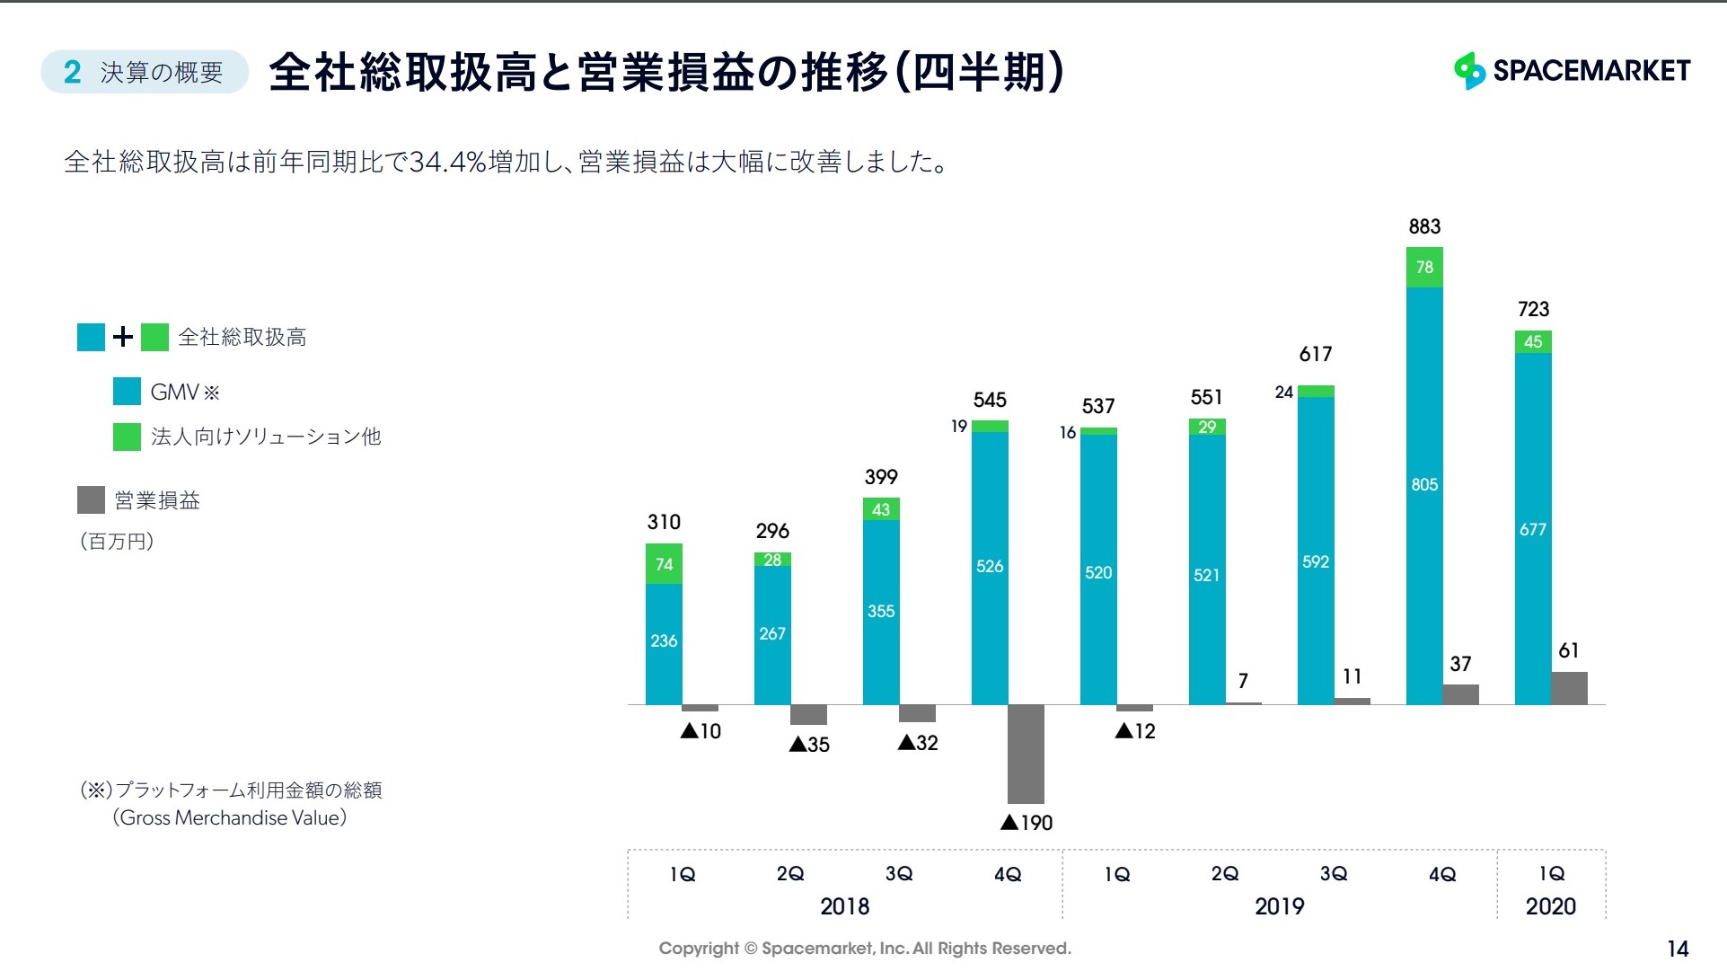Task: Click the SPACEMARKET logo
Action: tap(1572, 70)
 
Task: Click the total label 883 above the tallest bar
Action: tap(1424, 226)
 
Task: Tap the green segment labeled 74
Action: tap(664, 564)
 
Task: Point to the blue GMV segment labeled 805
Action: tap(1424, 485)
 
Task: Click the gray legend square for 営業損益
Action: tap(91, 500)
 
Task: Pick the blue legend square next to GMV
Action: tap(127, 392)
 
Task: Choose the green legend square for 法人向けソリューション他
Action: tap(127, 437)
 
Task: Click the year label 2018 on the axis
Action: tap(844, 906)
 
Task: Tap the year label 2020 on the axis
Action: tap(1551, 906)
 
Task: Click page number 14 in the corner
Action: tap(1678, 949)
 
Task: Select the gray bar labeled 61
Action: tap(1569, 688)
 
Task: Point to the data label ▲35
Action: tap(809, 745)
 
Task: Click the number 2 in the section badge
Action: tap(72, 72)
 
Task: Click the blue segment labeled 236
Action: tap(664, 641)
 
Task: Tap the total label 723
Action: tap(1533, 309)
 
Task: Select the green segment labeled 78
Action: tap(1424, 267)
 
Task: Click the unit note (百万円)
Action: tap(117, 541)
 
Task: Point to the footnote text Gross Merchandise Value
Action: tap(230, 817)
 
